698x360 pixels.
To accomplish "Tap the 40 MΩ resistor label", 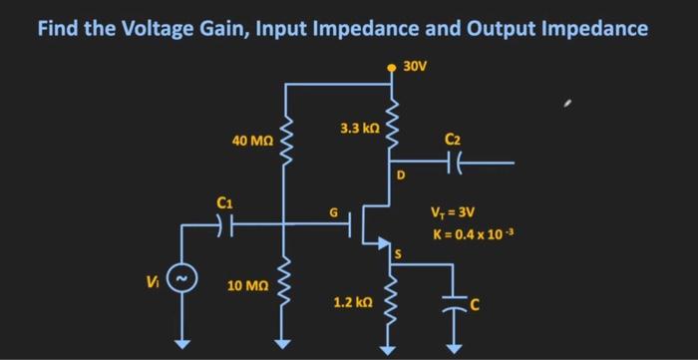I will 253,142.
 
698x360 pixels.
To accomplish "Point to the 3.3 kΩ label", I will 359,129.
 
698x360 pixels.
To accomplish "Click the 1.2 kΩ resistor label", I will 353,300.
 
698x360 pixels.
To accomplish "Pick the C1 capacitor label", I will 224,203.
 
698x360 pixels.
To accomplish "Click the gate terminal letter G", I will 336,211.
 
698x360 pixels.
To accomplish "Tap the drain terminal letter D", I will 401,176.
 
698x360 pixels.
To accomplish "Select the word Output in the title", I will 510,27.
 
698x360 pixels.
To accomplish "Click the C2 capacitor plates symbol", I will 454,161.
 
